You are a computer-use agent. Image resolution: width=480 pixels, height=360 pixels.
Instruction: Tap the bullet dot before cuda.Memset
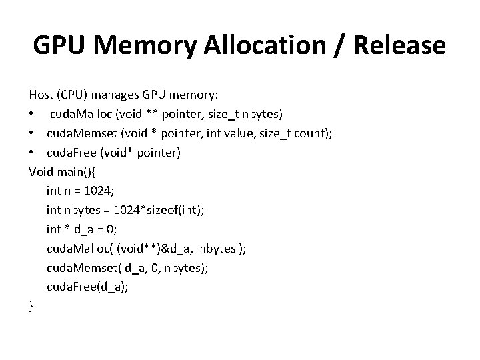pyautogui.click(x=32, y=135)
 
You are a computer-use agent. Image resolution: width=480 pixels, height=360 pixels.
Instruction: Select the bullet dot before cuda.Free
pyautogui.click(x=32, y=153)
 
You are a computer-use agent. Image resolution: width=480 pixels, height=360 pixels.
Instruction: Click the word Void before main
pyautogui.click(x=41, y=172)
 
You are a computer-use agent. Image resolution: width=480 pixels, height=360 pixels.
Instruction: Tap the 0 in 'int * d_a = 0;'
pyautogui.click(x=110, y=229)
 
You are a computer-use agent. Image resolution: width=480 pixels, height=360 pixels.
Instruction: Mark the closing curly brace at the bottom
pyautogui.click(x=31, y=306)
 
